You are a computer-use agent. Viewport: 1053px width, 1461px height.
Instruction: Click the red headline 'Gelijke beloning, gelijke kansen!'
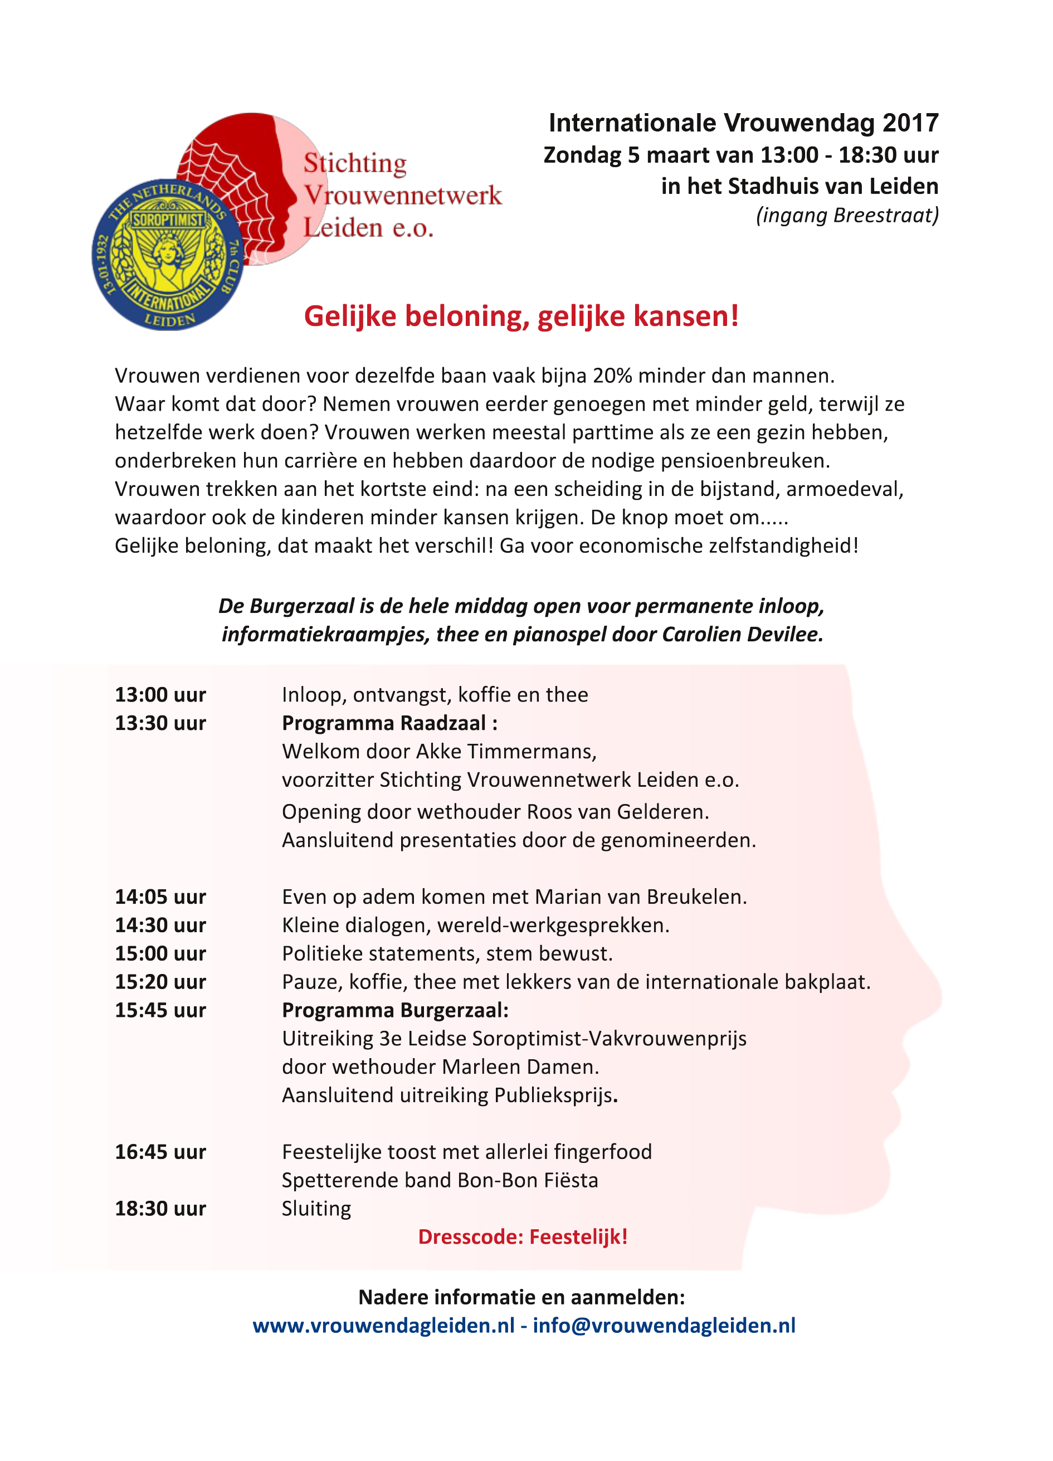(x=521, y=316)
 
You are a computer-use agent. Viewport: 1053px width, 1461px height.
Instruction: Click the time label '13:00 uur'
(x=160, y=695)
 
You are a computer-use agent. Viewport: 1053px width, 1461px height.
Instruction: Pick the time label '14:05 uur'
(x=160, y=897)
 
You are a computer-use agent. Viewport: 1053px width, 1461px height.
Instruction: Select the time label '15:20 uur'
(x=160, y=982)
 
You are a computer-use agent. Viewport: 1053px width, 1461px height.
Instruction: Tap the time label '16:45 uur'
(x=160, y=1152)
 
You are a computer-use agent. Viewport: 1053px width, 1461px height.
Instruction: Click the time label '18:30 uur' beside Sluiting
(x=160, y=1209)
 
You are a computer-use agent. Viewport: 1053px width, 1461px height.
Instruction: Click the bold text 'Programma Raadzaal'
(x=384, y=723)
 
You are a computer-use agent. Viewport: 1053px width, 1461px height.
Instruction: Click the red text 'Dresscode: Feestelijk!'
(x=522, y=1237)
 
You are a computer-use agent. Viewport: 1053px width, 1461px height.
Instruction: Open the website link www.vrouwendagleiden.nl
(x=383, y=1326)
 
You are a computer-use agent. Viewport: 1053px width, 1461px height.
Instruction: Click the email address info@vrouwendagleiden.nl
(x=664, y=1326)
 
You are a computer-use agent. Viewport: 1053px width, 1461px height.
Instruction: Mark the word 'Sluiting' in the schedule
(x=316, y=1209)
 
